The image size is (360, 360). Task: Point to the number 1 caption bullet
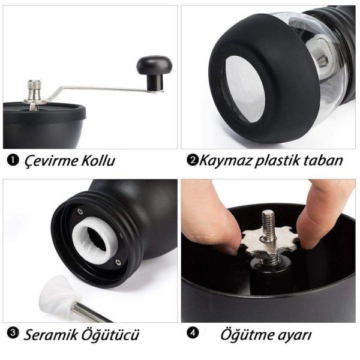(x=12, y=161)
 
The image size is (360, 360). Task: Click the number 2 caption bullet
(x=193, y=160)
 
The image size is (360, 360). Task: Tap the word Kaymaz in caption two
(x=223, y=161)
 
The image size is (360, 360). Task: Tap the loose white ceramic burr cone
(x=55, y=294)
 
